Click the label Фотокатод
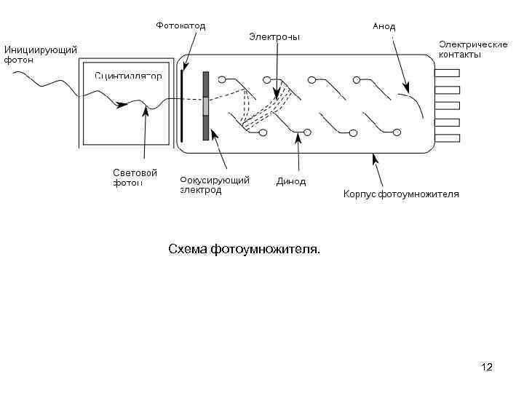tap(180, 25)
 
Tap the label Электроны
tap(274, 36)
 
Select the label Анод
tap(384, 26)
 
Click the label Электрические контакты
tap(472, 49)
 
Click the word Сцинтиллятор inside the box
tap(128, 76)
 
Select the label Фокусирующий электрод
tap(215, 185)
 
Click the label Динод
tap(291, 182)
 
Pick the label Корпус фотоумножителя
tap(401, 194)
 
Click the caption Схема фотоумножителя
tap(244, 250)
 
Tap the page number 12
tap(487, 367)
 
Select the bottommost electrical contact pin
tap(447, 138)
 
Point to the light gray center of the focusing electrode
tap(206, 106)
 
